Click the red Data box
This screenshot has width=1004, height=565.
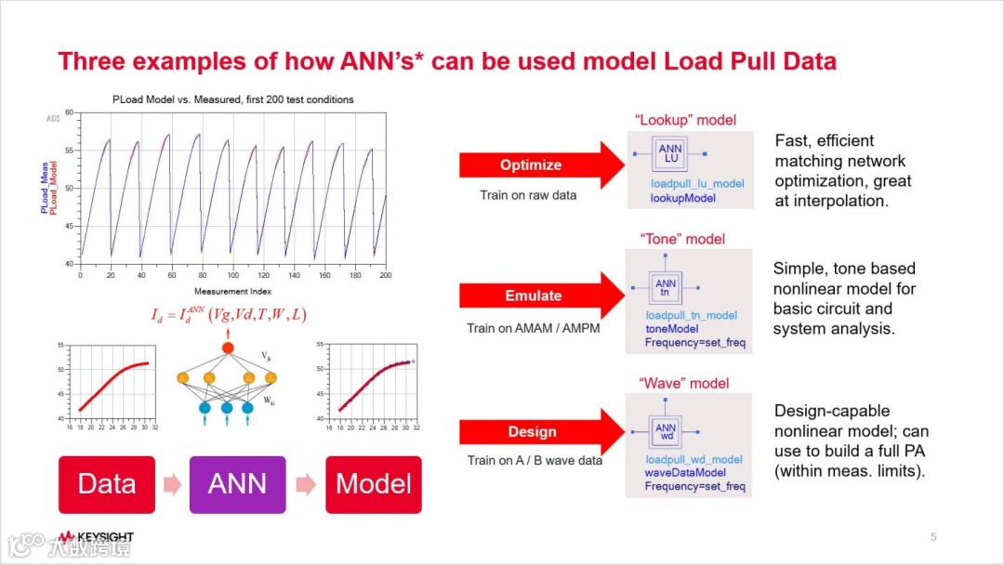pos(107,483)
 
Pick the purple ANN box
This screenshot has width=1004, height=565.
pos(238,483)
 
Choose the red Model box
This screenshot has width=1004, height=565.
pos(373,483)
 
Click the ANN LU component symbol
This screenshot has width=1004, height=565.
pos(669,154)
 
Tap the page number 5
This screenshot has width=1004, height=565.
pos(933,537)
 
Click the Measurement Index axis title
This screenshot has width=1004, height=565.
pos(232,292)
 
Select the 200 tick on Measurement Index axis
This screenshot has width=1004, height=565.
pos(385,275)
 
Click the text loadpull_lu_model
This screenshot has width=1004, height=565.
pos(697,184)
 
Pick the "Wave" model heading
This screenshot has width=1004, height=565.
pos(683,383)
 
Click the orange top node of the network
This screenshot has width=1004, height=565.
pos(227,348)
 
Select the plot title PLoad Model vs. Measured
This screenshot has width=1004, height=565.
pos(232,99)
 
